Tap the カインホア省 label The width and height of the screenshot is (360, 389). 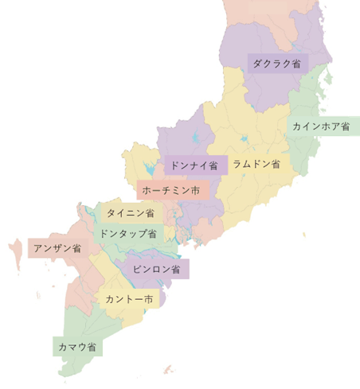pyautogui.click(x=321, y=126)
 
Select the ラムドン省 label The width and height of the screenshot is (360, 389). pyautogui.click(x=256, y=164)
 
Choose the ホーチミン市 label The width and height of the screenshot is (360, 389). pyautogui.click(x=170, y=191)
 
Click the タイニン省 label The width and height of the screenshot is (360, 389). pyautogui.click(x=130, y=212)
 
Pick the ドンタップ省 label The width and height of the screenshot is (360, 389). pyautogui.click(x=128, y=233)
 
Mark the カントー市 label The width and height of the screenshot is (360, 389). pyautogui.click(x=128, y=299)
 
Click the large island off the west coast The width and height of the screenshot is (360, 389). pyautogui.click(x=14, y=253)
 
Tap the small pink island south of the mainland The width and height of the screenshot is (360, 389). pyautogui.click(x=167, y=368)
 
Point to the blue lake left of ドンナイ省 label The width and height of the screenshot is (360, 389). pyautogui.click(x=148, y=169)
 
